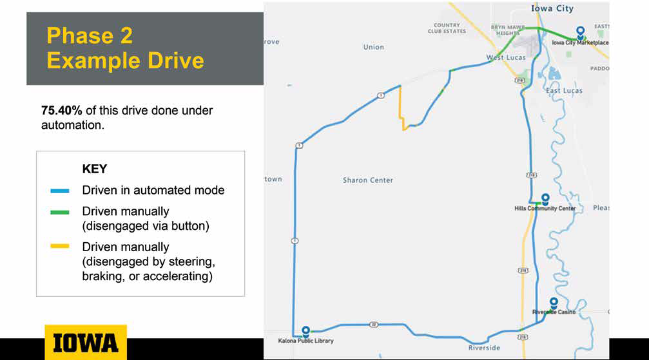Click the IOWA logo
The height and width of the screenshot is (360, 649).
[86, 342]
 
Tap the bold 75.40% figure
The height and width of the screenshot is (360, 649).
[62, 111]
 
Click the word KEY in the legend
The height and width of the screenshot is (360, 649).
[94, 169]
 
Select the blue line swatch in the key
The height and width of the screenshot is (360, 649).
[59, 191]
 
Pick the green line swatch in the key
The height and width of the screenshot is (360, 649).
[59, 213]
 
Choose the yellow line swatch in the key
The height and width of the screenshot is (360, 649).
[59, 246]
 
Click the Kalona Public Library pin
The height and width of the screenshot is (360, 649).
[306, 330]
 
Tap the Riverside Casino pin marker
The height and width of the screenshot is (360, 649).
[554, 303]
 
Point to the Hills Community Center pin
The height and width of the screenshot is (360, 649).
[545, 198]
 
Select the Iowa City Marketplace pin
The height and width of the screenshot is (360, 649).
[581, 32]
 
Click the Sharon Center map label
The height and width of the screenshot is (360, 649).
[368, 180]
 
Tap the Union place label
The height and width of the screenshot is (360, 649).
[374, 47]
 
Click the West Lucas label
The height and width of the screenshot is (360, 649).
[506, 57]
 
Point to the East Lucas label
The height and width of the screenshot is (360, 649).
[564, 91]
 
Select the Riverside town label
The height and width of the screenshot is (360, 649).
[484, 348]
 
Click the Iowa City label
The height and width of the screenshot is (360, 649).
[552, 8]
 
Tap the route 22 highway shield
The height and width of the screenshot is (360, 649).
[373, 325]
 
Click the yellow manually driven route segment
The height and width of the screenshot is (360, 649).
[400, 108]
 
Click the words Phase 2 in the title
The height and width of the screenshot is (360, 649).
[90, 35]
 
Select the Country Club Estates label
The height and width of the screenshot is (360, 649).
[447, 28]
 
